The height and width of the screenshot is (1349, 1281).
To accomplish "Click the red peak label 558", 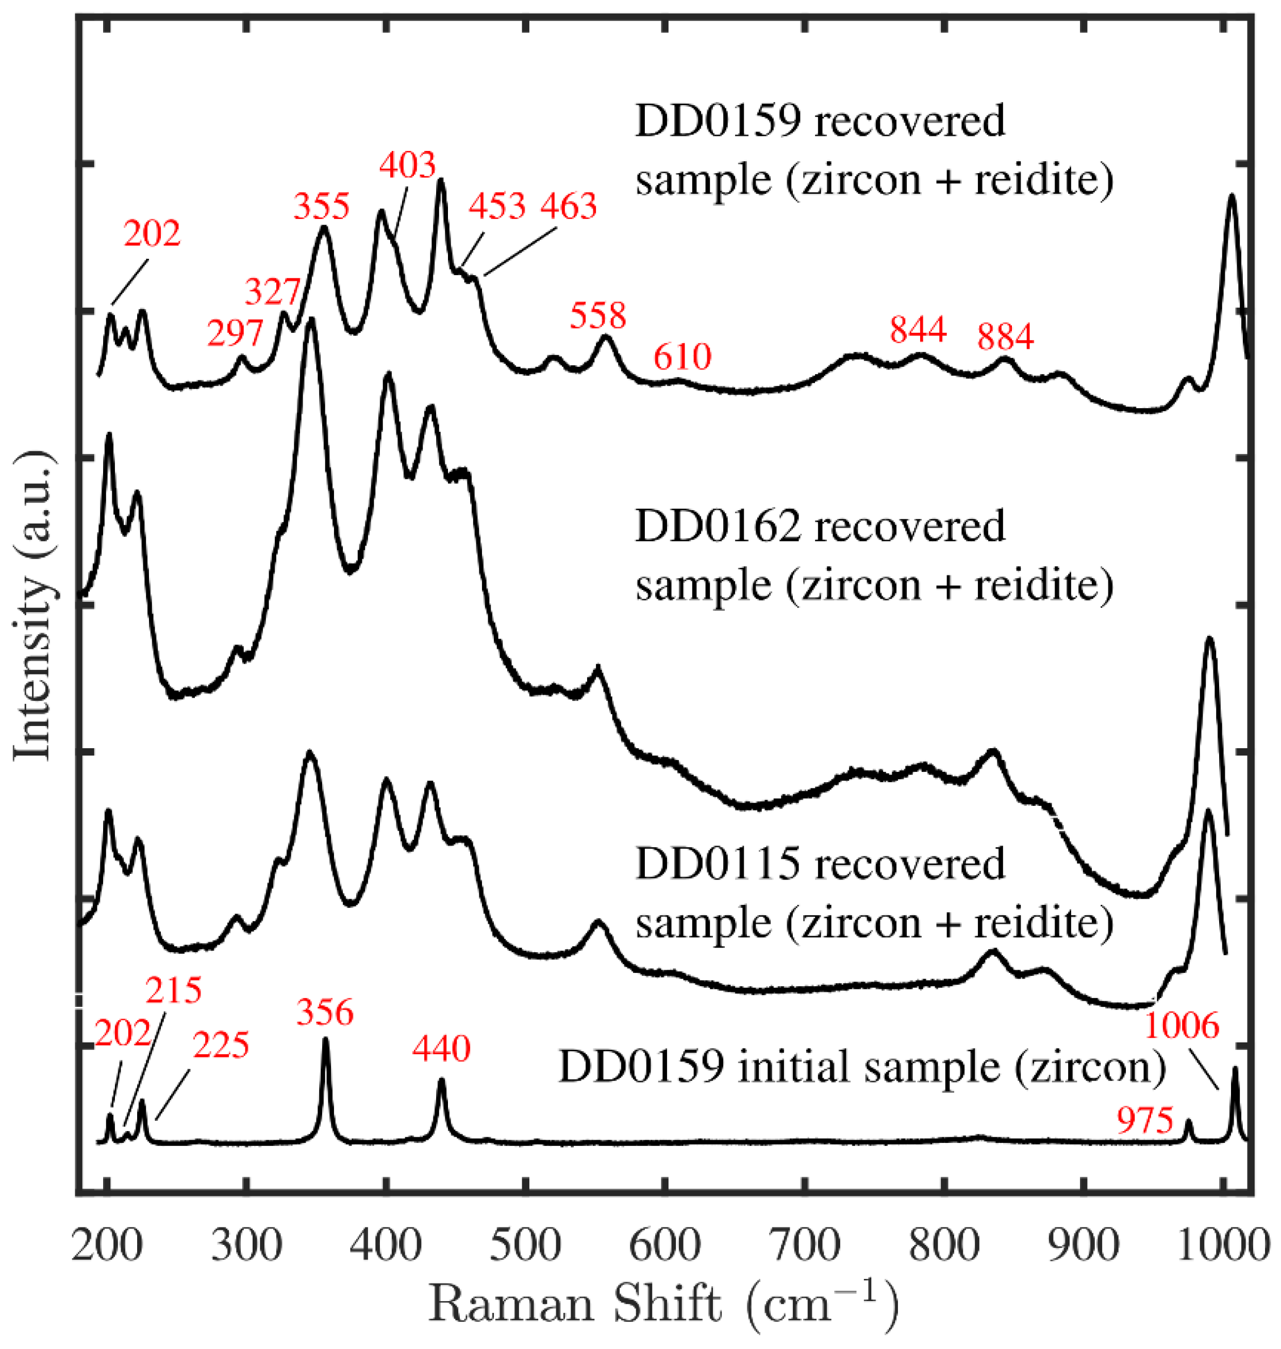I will [x=598, y=316].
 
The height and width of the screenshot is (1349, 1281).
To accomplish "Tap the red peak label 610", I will [x=682, y=357].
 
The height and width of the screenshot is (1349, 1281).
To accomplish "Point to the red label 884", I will [x=1005, y=337].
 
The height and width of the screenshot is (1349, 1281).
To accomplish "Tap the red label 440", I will [x=441, y=1049].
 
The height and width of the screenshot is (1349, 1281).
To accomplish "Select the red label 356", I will [x=325, y=1013].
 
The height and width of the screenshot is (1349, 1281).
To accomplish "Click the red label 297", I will [x=235, y=334].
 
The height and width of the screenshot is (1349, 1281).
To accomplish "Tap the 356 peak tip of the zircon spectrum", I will [x=325, y=1040].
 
